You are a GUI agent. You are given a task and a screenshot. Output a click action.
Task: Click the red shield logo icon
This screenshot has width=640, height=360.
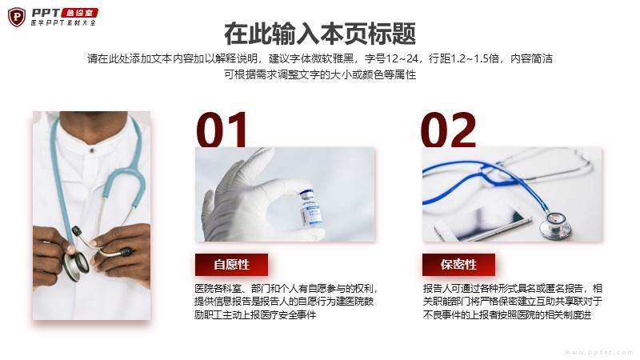(17, 17)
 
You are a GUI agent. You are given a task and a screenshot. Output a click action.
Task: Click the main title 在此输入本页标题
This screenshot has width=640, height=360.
(320, 34)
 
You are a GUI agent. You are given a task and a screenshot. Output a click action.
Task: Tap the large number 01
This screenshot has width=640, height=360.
(222, 130)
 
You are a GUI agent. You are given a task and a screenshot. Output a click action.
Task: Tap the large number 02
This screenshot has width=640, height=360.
(449, 130)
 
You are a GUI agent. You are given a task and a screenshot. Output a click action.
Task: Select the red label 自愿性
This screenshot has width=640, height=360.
(231, 265)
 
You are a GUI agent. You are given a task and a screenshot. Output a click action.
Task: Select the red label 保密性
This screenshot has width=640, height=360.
(458, 265)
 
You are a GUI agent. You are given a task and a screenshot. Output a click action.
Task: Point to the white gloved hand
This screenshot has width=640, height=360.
(262, 196)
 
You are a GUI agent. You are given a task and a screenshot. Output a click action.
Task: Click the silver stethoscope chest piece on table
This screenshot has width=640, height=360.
(555, 225)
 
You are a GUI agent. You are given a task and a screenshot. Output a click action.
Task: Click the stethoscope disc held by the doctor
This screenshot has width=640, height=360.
(75, 266)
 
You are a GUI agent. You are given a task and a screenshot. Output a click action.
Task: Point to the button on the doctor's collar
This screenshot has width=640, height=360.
(92, 150)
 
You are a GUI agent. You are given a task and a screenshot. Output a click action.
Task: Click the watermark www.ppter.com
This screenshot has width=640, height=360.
(598, 352)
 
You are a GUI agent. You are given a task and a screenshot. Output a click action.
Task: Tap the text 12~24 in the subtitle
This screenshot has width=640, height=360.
(402, 58)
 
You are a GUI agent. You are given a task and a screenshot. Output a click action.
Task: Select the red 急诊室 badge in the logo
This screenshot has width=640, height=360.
(79, 13)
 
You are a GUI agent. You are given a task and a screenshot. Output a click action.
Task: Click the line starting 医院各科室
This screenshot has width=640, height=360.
(287, 289)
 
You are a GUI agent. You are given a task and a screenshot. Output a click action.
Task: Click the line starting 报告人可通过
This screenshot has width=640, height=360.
(513, 289)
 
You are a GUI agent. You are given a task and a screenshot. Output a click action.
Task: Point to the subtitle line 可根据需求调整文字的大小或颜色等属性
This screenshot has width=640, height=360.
(320, 74)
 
